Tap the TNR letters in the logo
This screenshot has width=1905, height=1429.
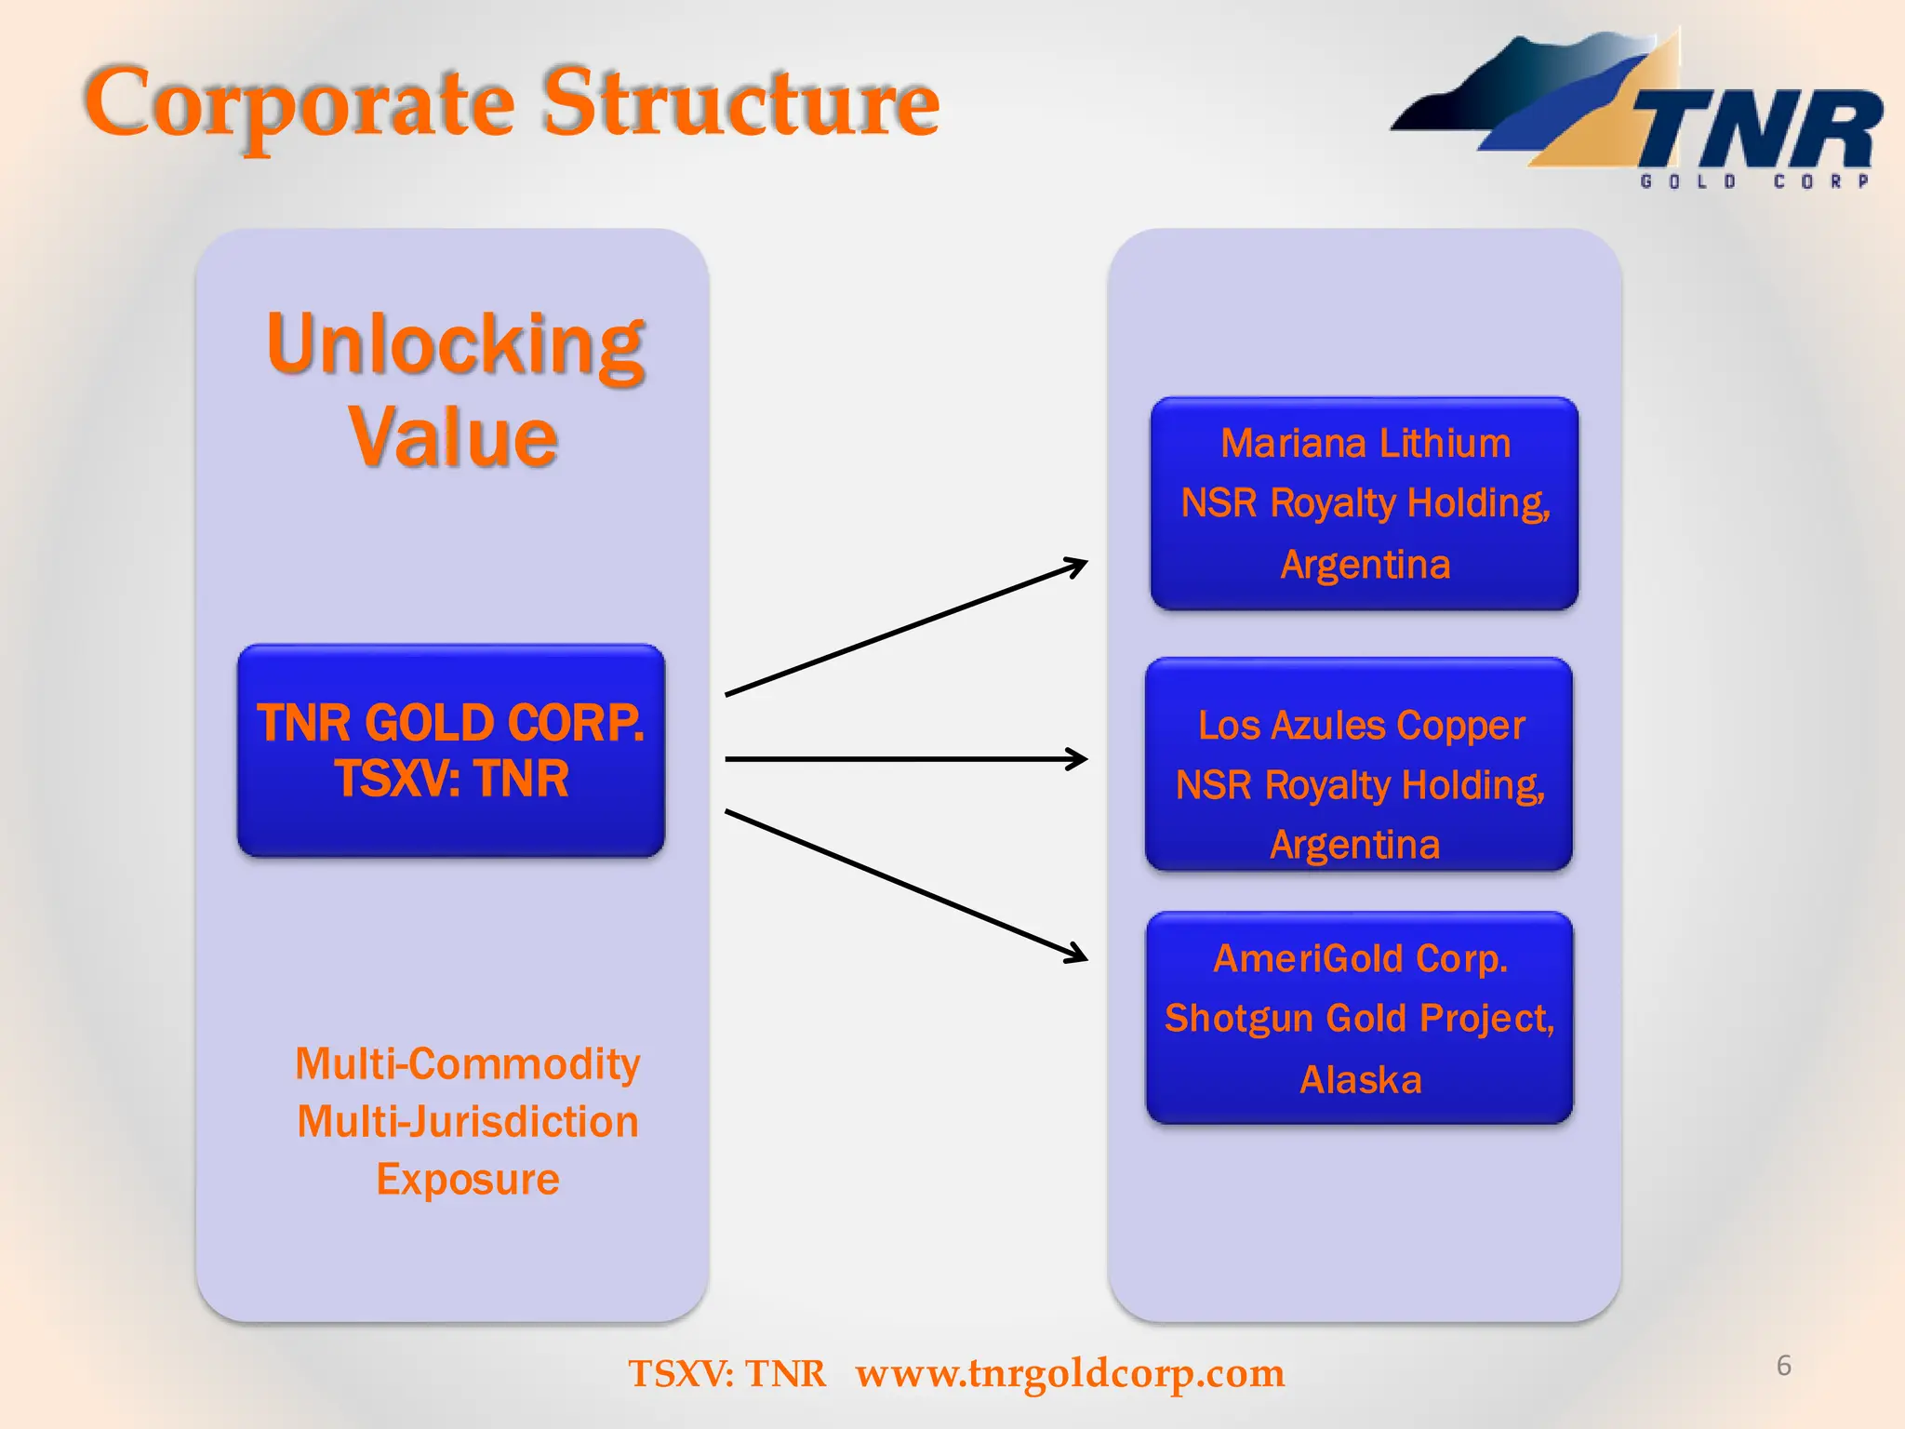1758,130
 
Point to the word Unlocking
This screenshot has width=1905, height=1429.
455,344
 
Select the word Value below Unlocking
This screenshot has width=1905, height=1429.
453,437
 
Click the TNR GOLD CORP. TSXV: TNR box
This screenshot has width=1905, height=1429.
451,750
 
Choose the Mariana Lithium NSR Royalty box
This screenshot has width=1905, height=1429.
1365,503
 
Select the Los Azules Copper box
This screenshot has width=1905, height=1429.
1359,765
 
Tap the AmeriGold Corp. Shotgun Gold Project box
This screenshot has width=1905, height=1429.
1359,1018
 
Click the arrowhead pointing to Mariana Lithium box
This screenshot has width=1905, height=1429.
1077,565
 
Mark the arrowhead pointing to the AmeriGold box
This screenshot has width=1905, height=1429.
1077,953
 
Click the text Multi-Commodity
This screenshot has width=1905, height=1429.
467,1063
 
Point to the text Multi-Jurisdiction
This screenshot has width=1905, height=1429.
467,1122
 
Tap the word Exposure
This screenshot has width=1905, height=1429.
467,1180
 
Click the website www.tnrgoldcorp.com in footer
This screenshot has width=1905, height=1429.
1070,1373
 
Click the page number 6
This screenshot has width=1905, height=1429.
1783,1366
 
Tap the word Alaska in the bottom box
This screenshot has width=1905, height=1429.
1360,1080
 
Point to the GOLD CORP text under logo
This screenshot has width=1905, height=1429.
1754,181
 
